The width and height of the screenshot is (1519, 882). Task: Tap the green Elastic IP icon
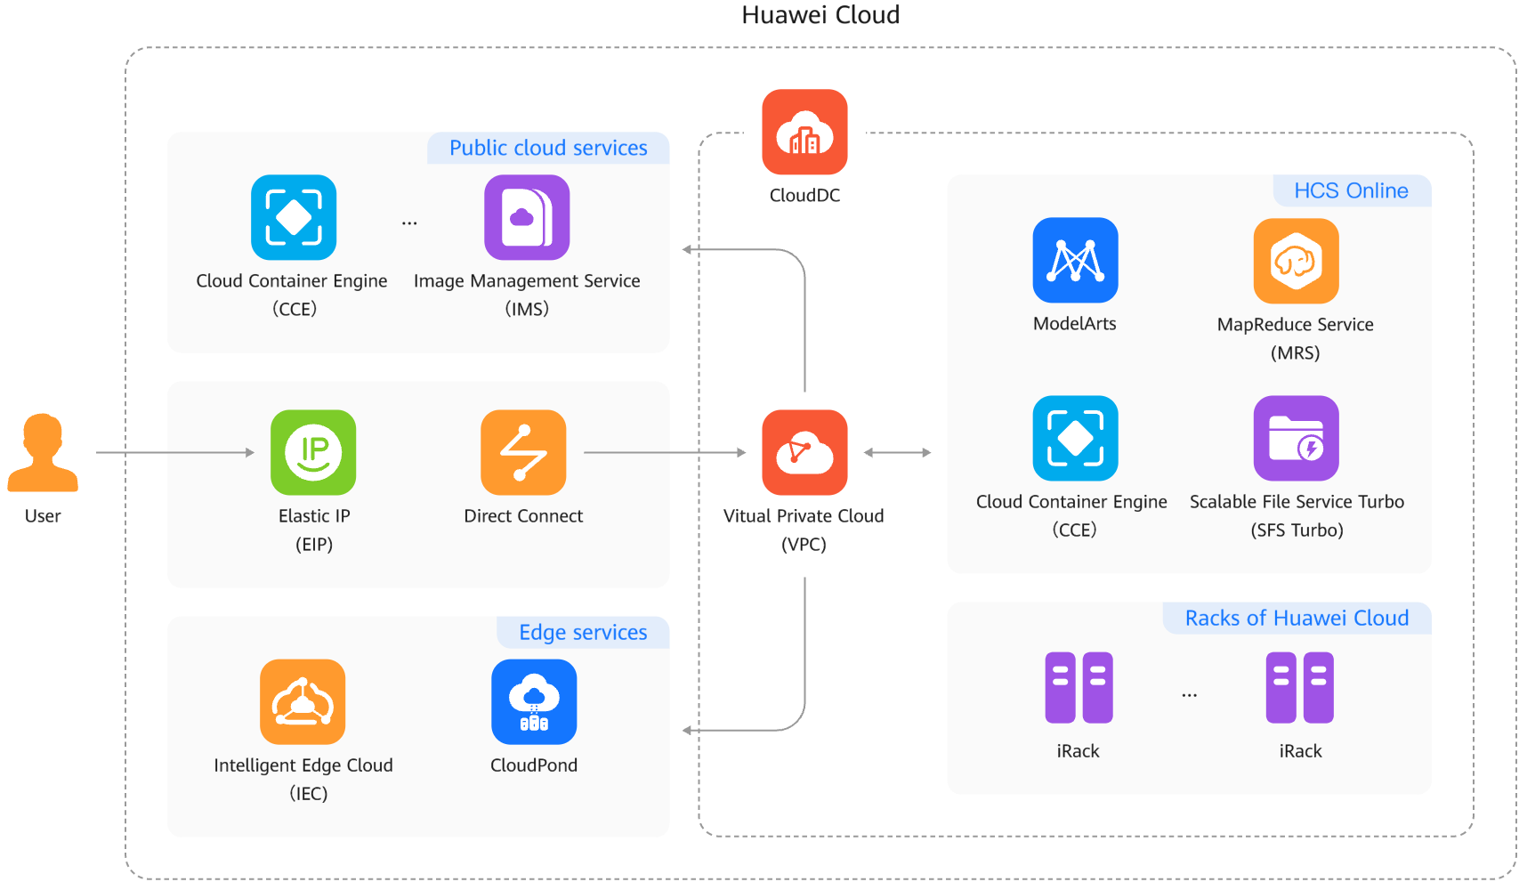313,452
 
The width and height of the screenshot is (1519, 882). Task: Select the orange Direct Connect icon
523,452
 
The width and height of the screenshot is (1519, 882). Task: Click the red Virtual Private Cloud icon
804,452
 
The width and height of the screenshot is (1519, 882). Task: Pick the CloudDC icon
804,132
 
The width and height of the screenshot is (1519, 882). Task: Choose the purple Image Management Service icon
527,217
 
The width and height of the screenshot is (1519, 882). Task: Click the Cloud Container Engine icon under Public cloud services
294,217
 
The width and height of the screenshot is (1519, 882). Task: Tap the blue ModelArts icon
1075,260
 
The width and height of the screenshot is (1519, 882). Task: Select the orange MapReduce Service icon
1296,261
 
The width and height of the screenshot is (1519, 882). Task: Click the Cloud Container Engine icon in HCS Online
1075,438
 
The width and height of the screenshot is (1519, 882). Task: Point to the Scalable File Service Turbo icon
1296,438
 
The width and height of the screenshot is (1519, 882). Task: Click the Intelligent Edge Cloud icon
303,701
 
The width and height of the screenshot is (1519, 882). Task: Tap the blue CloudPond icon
534,701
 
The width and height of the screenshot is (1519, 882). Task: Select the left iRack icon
1079,687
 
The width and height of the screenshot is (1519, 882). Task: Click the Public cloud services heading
548,148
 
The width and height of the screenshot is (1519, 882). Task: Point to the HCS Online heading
1351,190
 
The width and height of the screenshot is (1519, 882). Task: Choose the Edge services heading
583,632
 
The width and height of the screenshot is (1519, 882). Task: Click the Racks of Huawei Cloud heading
1297,618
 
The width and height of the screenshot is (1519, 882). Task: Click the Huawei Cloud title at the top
820,15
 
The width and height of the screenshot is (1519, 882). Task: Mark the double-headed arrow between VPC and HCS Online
897,452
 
